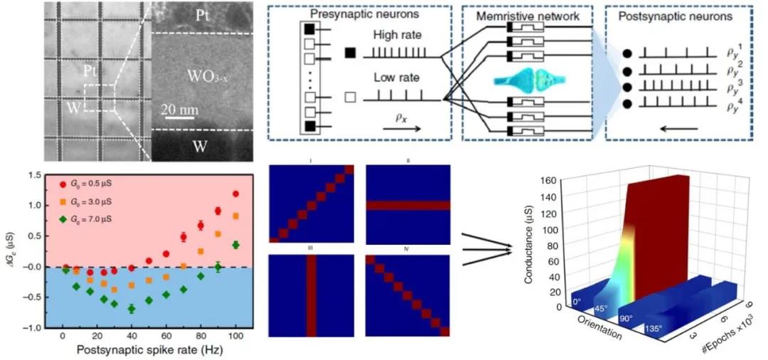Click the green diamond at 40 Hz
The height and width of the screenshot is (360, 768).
pyautogui.click(x=132, y=309)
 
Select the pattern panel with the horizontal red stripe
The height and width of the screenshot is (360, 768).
pyautogui.click(x=408, y=206)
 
